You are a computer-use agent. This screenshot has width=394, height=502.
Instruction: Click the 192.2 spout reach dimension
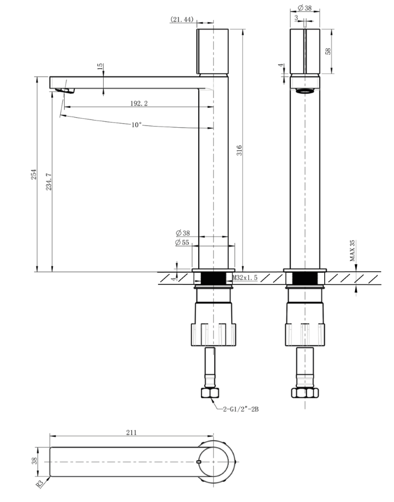pyautogui.click(x=139, y=103)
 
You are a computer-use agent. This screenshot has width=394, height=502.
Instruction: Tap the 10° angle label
pyautogui.click(x=136, y=125)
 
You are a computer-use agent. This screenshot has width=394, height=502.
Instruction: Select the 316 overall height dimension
pyautogui.click(x=239, y=151)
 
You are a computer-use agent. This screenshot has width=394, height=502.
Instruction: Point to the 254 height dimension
pyautogui.click(x=33, y=175)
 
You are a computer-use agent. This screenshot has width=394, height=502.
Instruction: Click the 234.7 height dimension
pyautogui.click(x=49, y=182)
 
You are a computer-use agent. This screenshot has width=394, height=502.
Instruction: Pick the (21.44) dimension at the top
pyautogui.click(x=182, y=20)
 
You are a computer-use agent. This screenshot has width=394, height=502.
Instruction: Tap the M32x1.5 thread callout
pyautogui.click(x=245, y=278)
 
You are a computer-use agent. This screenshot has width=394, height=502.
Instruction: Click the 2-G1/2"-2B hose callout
pyautogui.click(x=241, y=409)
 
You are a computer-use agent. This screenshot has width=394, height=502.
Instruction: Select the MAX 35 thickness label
pyautogui.click(x=352, y=250)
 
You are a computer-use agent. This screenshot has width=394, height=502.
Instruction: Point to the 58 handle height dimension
pyautogui.click(x=328, y=51)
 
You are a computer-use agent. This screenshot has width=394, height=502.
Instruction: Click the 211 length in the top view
pyautogui.click(x=131, y=432)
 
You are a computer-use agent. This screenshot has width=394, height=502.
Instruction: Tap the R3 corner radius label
pyautogui.click(x=40, y=484)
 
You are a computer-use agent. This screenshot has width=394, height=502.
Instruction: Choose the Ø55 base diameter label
pyautogui.click(x=182, y=243)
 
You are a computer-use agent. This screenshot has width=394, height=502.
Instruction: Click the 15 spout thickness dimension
pyautogui.click(x=100, y=66)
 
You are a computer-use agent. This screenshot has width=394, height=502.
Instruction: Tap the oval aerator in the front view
pyautogui.click(x=305, y=91)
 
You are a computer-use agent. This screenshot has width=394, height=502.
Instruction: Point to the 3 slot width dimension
pyautogui.click(x=296, y=18)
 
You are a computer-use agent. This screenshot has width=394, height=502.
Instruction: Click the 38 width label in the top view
pyautogui.click(x=34, y=461)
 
